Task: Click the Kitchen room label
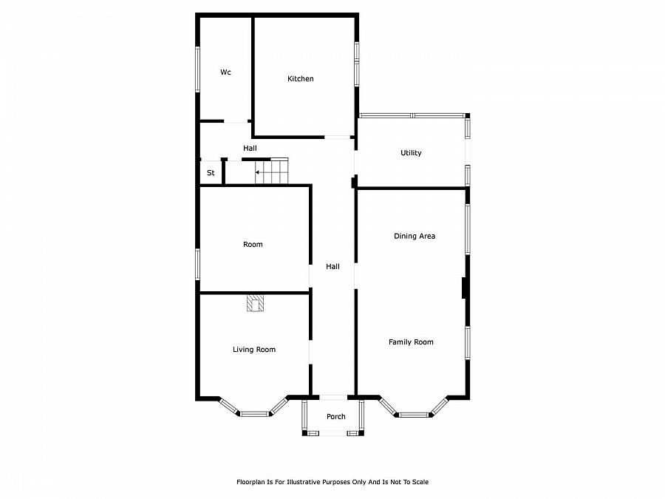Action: tap(300, 78)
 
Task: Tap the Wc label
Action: tap(225, 72)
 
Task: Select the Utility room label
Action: tap(411, 153)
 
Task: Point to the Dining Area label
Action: tap(415, 236)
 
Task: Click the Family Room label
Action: tap(411, 342)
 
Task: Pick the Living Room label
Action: tap(254, 349)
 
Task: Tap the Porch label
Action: tap(336, 417)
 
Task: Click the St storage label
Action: tap(211, 173)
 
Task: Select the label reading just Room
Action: tap(253, 245)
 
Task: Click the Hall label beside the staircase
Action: tap(250, 148)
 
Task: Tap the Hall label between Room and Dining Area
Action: tap(332, 266)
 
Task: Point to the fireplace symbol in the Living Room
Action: tap(256, 303)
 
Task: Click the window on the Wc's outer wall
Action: tap(197, 69)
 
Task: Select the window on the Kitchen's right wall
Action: tap(357, 64)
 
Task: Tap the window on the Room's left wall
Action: tap(197, 264)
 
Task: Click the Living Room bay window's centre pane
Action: tap(254, 414)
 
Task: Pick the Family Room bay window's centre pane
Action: tap(415, 415)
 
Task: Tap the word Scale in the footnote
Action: tap(420, 482)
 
